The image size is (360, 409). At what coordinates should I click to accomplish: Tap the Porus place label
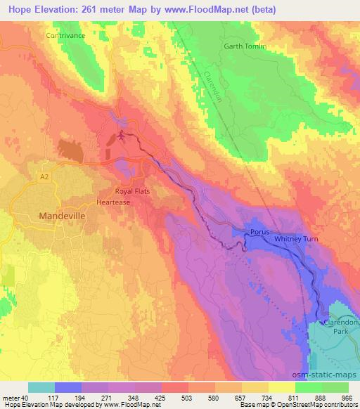tap(259, 232)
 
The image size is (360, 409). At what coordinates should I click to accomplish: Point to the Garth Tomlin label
tap(245, 46)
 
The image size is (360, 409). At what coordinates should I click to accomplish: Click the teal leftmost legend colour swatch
tap(41, 387)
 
